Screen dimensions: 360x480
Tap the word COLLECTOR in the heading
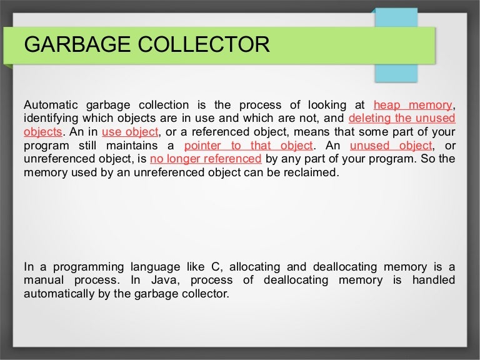pos(199,45)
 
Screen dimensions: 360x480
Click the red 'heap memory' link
pos(412,104)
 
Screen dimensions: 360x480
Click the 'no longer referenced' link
pos(206,159)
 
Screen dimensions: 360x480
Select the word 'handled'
pos(433,280)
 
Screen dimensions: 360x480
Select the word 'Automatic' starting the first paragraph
pos(49,104)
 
